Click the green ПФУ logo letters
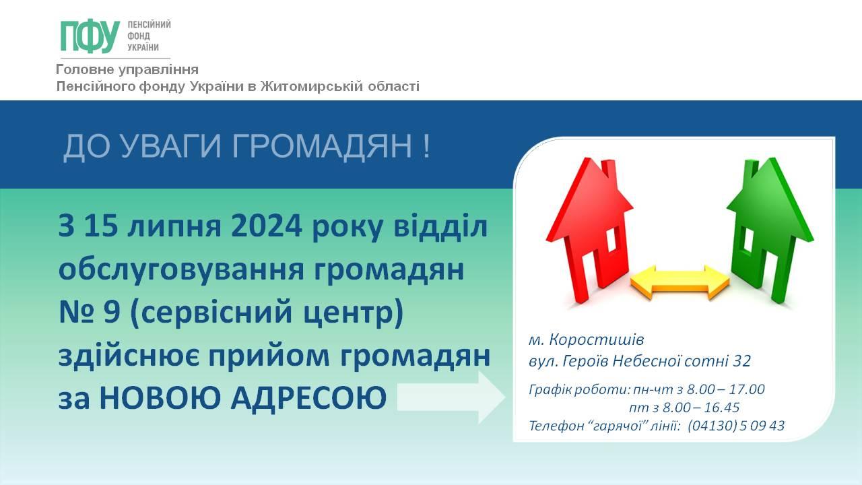[90, 36]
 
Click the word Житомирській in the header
[312, 86]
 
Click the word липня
[174, 227]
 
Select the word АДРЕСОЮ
[308, 397]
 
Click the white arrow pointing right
[451, 397]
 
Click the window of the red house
[612, 239]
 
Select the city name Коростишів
[596, 340]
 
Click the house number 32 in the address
[741, 361]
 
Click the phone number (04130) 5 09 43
[736, 426]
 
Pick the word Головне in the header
[85, 69]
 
